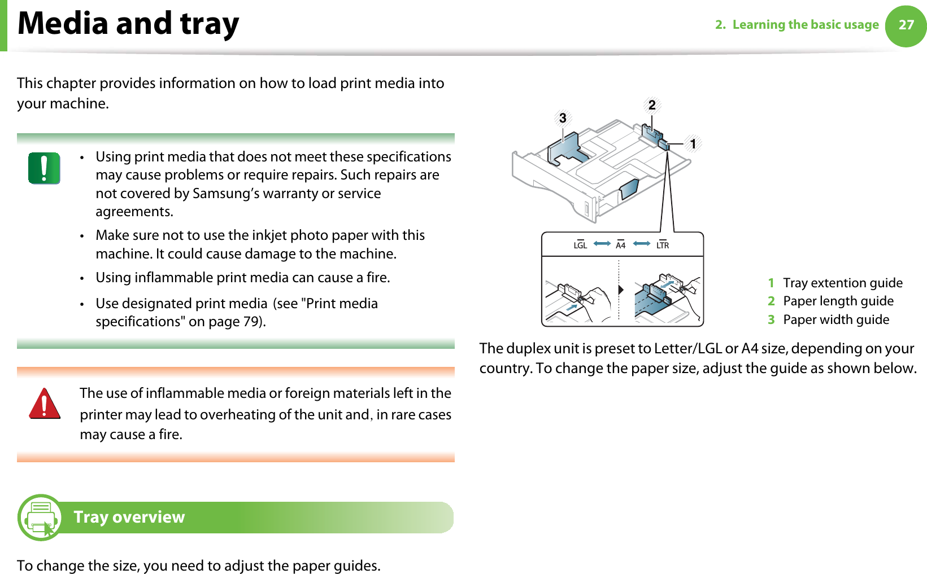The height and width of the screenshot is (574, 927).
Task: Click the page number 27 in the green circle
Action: [x=906, y=25]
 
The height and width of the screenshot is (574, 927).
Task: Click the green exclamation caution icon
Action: [x=44, y=168]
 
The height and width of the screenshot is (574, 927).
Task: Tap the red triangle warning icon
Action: [x=45, y=404]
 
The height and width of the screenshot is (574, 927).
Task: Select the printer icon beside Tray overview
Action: [x=40, y=517]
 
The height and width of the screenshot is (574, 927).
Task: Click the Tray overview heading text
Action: [x=129, y=517]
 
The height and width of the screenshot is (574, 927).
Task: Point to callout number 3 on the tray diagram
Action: [x=563, y=118]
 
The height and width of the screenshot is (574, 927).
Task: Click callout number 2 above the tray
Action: [x=652, y=105]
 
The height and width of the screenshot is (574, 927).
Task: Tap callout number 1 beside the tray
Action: [x=693, y=144]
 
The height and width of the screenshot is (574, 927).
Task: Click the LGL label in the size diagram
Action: [x=580, y=245]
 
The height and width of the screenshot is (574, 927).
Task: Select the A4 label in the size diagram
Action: [x=620, y=245]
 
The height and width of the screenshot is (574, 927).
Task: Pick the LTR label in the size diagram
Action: [x=663, y=245]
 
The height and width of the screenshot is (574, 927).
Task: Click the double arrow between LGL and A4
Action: [x=602, y=244]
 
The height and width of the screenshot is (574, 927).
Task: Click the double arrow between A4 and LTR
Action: [x=642, y=244]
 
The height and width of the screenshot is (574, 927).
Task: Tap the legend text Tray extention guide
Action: [x=842, y=283]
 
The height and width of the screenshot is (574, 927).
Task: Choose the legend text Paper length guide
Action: [x=838, y=301]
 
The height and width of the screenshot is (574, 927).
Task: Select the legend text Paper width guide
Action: [x=835, y=319]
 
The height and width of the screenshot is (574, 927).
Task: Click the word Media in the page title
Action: [x=63, y=24]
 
